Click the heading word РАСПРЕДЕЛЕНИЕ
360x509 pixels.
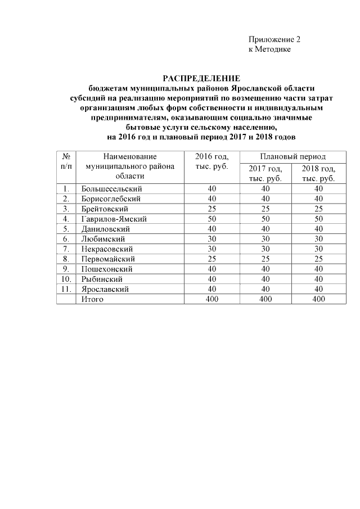coord(201,78)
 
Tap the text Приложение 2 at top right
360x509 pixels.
coord(274,40)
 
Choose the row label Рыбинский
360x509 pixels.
coord(102,279)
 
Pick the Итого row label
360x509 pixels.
coord(92,299)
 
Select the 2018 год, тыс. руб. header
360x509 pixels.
coord(318,173)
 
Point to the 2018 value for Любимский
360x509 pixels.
coord(318,239)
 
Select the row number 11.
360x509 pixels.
coord(66,289)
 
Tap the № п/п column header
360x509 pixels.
coord(66,161)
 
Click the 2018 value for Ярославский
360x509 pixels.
coord(318,289)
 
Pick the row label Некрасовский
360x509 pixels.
coord(107,249)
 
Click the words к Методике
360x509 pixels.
coord(269,50)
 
